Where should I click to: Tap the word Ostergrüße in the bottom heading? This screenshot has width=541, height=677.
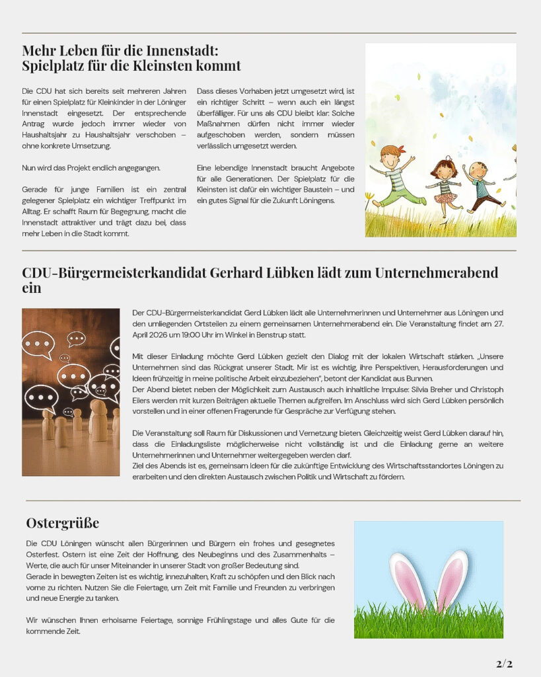point(63,523)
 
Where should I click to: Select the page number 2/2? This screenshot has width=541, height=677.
point(504,663)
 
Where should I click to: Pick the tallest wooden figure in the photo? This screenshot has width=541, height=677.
point(100,420)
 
